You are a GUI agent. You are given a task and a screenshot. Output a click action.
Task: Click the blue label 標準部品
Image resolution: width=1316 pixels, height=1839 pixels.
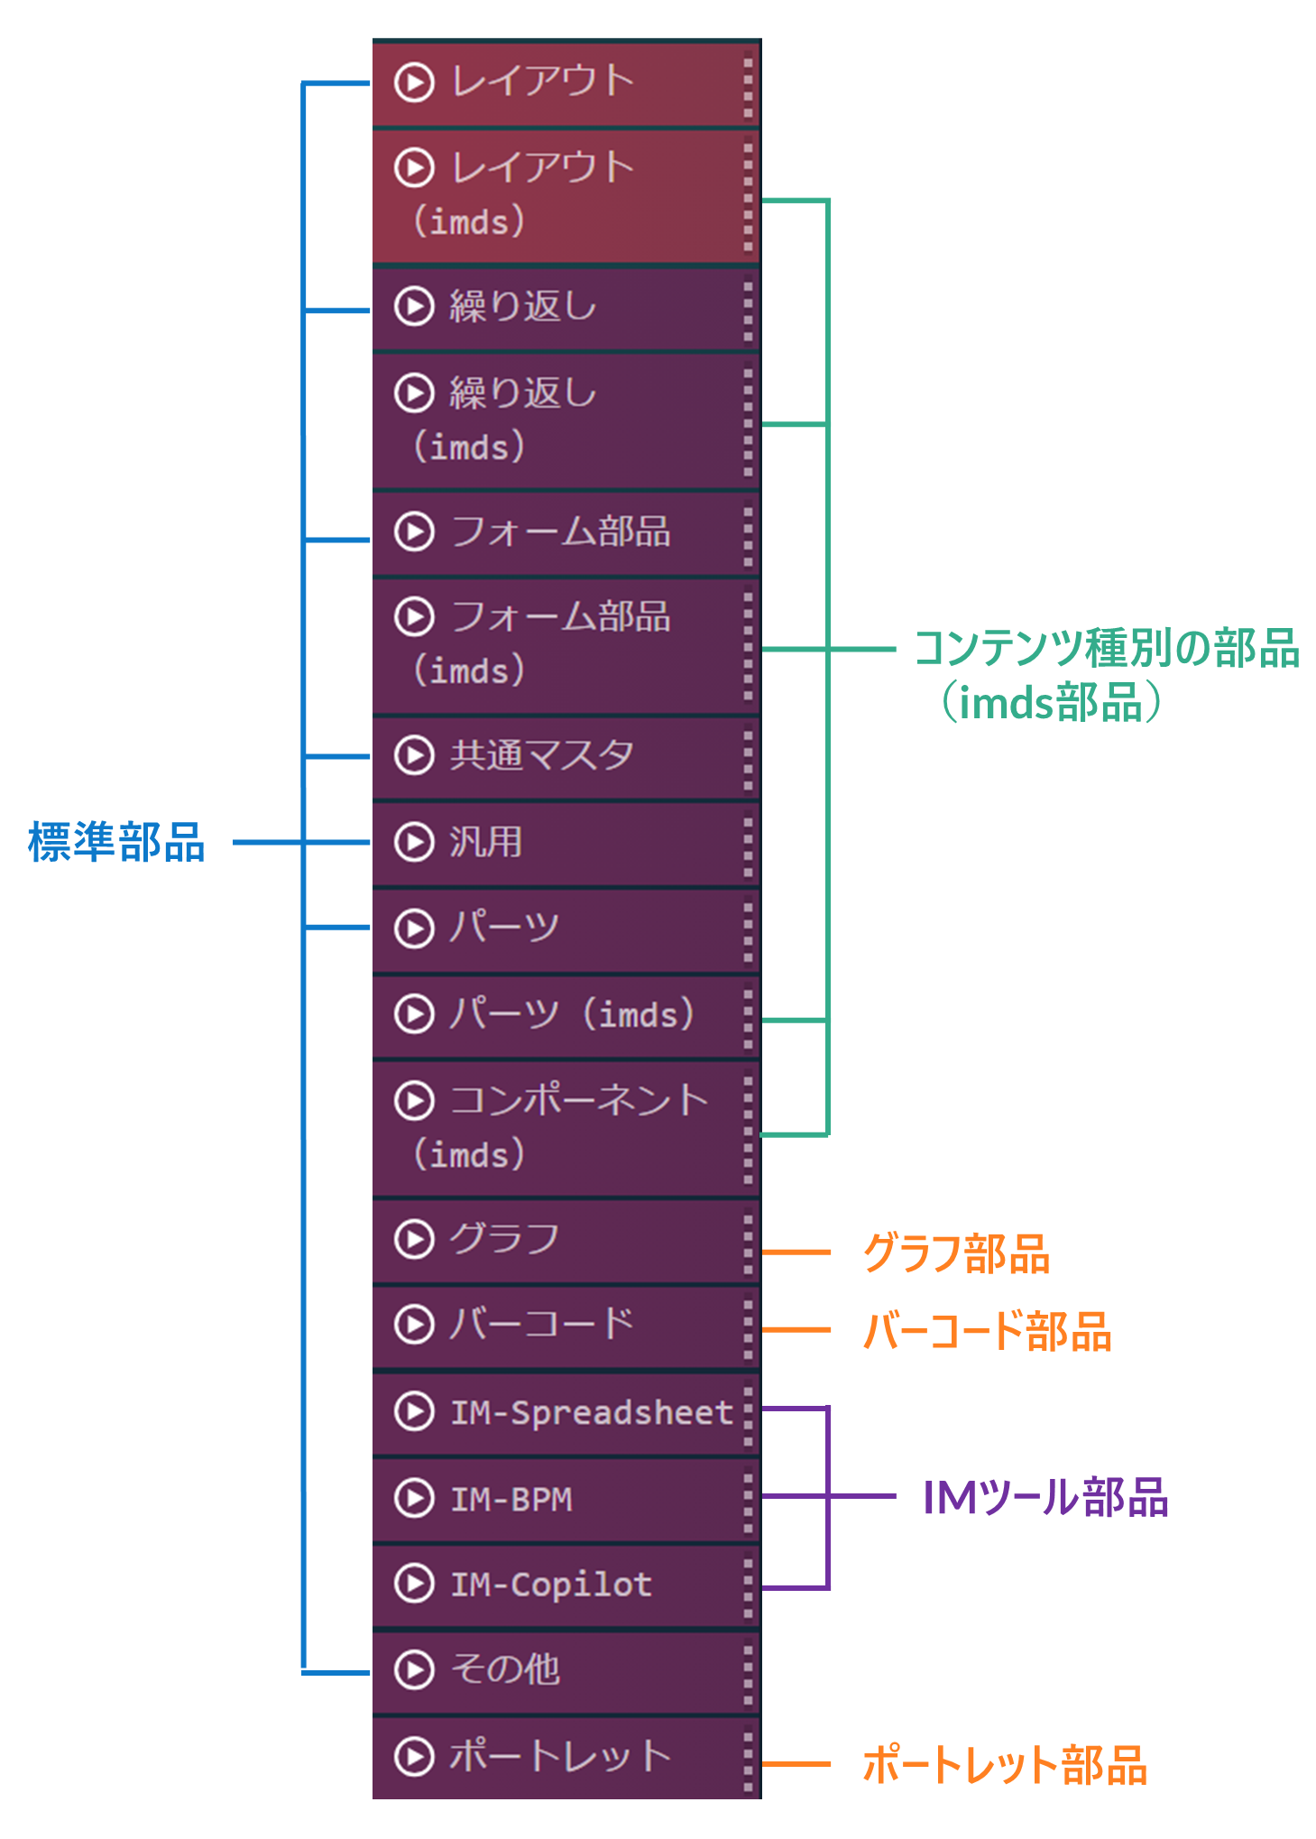tap(117, 842)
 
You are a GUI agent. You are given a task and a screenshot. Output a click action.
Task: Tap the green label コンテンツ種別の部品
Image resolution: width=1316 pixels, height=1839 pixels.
tap(1107, 648)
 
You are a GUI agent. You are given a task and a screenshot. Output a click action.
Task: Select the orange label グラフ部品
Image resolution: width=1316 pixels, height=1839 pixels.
tap(956, 1252)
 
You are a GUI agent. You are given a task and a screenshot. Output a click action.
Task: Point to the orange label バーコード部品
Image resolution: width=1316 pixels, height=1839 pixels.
tap(987, 1331)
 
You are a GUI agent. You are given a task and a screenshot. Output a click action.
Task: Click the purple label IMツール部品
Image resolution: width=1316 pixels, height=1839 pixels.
tap(1045, 1497)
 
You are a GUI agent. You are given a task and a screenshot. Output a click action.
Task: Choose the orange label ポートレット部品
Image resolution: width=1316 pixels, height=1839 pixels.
tap(1005, 1764)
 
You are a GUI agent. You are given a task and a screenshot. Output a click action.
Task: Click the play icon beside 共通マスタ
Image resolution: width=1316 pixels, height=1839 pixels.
tap(414, 755)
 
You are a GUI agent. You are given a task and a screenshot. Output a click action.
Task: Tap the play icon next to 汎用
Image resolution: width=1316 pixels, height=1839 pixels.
tap(414, 842)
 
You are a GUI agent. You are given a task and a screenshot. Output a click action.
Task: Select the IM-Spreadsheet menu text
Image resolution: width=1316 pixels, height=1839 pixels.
tap(592, 1412)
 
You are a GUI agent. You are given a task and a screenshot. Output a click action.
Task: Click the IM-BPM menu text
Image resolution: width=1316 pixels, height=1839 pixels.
tap(511, 1499)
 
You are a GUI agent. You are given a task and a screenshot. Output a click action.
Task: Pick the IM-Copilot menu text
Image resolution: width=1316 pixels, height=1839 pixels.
tap(551, 1585)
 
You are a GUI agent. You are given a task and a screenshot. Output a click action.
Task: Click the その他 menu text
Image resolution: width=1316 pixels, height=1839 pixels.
tap(505, 1669)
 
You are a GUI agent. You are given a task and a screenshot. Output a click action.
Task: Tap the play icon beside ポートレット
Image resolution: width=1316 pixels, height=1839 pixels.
tap(414, 1756)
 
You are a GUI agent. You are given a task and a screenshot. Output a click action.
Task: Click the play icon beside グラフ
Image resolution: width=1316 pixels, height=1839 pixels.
tap(414, 1239)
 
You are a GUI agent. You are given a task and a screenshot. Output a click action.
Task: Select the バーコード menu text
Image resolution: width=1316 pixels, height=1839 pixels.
tap(542, 1325)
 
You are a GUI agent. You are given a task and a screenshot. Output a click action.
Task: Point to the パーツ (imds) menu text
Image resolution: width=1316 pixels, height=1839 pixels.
tap(572, 1014)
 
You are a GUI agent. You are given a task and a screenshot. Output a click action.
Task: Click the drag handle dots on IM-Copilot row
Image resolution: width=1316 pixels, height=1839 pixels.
tap(748, 1585)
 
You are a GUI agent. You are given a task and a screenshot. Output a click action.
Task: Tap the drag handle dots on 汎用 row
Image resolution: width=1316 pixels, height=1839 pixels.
tap(748, 842)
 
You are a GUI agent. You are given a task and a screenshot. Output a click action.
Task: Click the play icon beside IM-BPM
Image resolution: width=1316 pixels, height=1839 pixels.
tap(414, 1499)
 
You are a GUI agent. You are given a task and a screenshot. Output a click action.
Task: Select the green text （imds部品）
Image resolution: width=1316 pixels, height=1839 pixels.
tap(1051, 702)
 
